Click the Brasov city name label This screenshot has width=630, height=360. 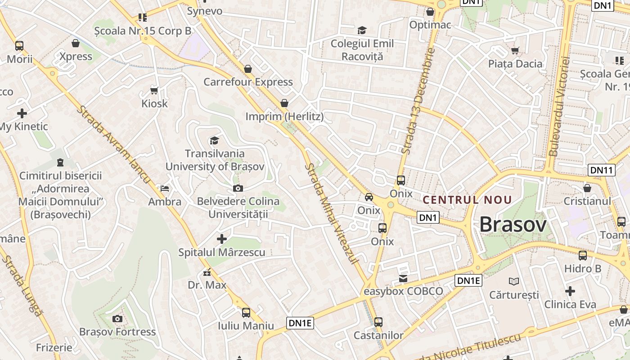[513, 225]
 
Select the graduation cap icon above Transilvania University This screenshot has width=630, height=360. [214, 140]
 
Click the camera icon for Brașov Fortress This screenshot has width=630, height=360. [117, 319]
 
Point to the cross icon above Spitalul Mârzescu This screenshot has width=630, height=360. [222, 238]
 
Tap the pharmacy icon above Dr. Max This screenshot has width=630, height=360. [207, 272]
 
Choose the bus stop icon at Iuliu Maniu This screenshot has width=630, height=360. [246, 312]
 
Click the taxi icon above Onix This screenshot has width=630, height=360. [369, 197]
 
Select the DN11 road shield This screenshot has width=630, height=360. [601, 170]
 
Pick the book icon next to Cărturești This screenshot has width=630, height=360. [514, 282]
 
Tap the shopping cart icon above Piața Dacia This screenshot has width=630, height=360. [515, 50]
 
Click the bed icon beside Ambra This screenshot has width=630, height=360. [165, 188]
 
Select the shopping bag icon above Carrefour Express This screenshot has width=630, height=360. [247, 69]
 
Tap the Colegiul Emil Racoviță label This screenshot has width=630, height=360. [362, 50]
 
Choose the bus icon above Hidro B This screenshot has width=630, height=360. [583, 256]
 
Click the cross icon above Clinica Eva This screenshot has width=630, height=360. [570, 291]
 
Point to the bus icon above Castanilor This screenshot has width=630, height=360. [378, 322]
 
